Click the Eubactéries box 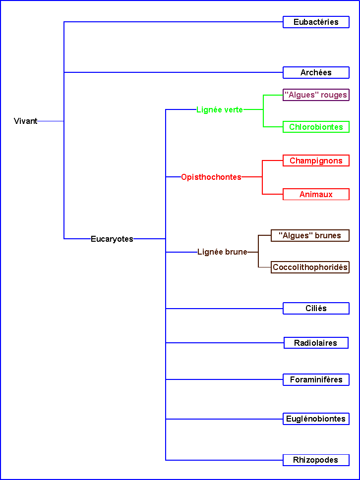316,22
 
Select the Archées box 316,73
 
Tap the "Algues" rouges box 316,95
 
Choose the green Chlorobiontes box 316,127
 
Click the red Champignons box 316,160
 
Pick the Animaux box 316,194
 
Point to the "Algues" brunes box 310,236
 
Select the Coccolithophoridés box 310,267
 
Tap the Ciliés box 316,309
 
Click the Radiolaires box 316,343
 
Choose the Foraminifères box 316,380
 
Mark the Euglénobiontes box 316,419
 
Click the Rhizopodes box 316,460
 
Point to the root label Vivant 26,121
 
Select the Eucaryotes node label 112,239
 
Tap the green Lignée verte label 220,110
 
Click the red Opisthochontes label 211,177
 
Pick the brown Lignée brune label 222,252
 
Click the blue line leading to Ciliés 223,309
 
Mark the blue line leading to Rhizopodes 223,460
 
